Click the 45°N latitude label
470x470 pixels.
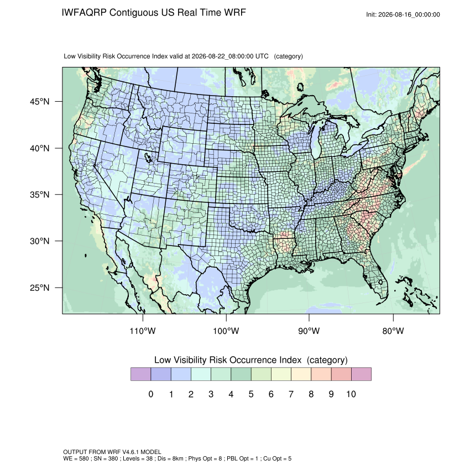[x=40, y=102]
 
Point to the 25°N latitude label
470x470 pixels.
[x=40, y=288]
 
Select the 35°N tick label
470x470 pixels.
[x=40, y=195]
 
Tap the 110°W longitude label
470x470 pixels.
[x=143, y=331]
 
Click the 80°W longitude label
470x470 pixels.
[x=393, y=331]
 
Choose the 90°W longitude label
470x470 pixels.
[x=309, y=331]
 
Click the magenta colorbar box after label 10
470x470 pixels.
[x=361, y=374]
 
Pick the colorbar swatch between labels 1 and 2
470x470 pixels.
[x=181, y=374]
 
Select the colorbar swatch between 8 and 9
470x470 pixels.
[x=321, y=374]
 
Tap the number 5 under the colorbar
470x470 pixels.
[x=251, y=394]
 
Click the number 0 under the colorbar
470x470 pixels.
[x=151, y=394]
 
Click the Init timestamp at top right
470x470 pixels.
[x=403, y=14]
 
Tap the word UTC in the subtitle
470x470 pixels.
[x=262, y=56]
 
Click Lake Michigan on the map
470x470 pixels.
[x=316, y=141]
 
